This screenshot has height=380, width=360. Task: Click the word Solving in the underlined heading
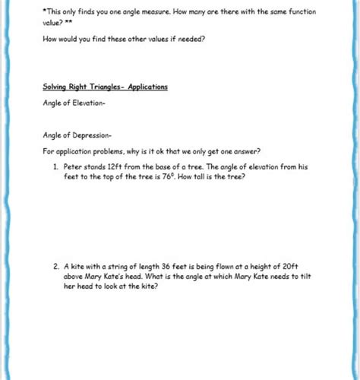[55, 87]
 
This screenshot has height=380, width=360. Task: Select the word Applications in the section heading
[148, 87]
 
